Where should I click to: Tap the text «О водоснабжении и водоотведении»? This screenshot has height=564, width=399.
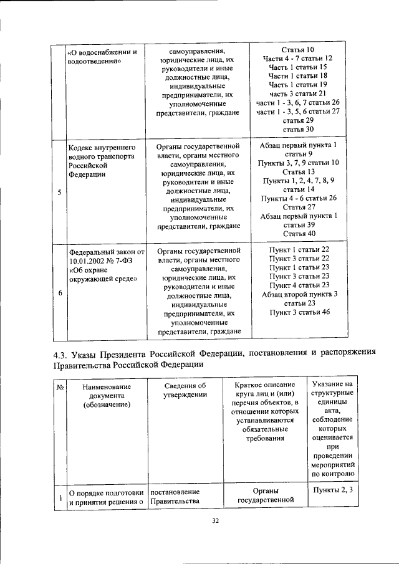pos(102,57)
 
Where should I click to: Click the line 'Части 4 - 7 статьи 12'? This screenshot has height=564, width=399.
pos(298,58)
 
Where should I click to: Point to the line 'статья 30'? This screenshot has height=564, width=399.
pos(298,128)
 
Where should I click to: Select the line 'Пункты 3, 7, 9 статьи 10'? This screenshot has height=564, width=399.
pos(298,163)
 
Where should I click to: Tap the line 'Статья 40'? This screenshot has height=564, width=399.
pos(298,233)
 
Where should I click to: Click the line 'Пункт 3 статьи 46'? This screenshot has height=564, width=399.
pos(298,311)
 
